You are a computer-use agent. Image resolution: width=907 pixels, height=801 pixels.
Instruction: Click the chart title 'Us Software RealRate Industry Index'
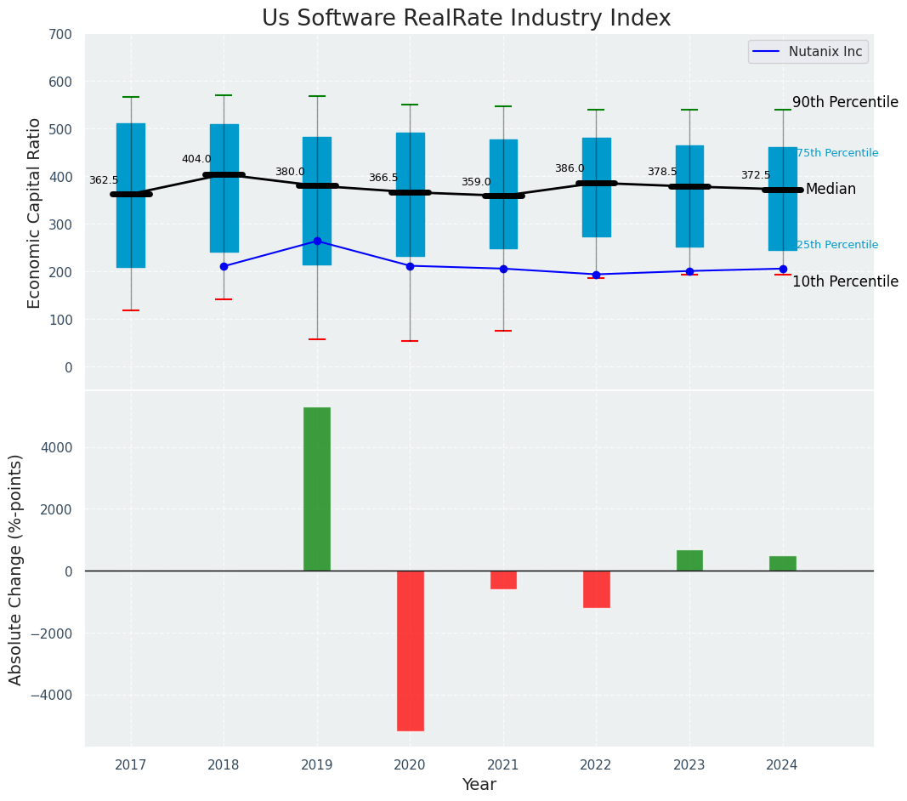[x=466, y=19]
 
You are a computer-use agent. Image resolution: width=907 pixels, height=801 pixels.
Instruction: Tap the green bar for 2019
[x=317, y=489]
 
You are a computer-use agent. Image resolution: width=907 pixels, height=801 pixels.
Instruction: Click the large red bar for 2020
[x=410, y=650]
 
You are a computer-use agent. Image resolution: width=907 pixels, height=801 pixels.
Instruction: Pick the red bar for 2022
[x=596, y=589]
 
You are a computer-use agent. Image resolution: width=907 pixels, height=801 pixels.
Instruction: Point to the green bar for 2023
[x=689, y=560]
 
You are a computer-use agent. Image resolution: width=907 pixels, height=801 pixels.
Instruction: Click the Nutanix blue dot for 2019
[x=317, y=241]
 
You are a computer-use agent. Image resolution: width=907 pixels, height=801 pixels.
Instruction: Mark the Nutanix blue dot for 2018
[x=224, y=266]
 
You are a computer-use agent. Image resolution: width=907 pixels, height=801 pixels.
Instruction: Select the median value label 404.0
[x=196, y=159]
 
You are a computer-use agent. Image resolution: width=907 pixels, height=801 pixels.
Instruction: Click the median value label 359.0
[x=476, y=182]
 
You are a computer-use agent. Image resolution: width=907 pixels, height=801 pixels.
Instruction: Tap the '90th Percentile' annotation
[x=845, y=102]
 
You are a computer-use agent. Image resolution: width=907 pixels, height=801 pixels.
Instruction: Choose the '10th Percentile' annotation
[x=845, y=281]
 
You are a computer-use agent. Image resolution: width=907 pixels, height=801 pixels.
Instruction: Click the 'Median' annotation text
[x=830, y=190]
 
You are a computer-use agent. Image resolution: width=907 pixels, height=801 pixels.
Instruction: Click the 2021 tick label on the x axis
[x=503, y=765]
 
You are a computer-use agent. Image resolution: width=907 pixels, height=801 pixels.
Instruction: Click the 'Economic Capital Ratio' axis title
[x=35, y=213]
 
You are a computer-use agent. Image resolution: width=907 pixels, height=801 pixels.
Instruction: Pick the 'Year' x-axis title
[x=479, y=785]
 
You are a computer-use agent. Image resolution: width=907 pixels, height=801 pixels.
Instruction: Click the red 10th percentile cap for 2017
[x=131, y=310]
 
